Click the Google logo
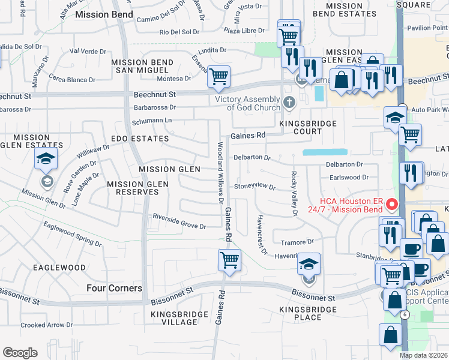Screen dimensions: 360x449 point(20,353)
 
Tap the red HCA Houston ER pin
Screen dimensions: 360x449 point(394,205)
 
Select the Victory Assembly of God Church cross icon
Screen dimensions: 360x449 point(289,102)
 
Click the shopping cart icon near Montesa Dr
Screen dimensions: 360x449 point(219,76)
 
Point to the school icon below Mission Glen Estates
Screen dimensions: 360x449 point(46,160)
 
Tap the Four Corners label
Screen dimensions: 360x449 point(114,288)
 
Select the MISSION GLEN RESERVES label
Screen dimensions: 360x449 point(133,188)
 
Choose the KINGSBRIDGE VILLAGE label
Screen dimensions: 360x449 point(174,317)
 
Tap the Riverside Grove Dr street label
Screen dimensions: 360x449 point(179,221)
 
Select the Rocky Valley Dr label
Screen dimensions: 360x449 point(294,193)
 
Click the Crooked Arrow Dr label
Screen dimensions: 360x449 point(46,325)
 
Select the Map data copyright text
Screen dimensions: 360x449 point(424,355)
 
